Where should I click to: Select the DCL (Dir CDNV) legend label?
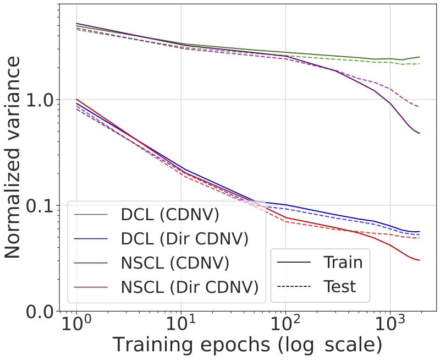point(184,239)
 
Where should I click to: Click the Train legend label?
point(343,262)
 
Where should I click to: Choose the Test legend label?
point(340,286)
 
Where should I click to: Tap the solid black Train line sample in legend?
point(295,263)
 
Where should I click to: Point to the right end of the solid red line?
point(420,260)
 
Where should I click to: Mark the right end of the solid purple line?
point(420,133)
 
